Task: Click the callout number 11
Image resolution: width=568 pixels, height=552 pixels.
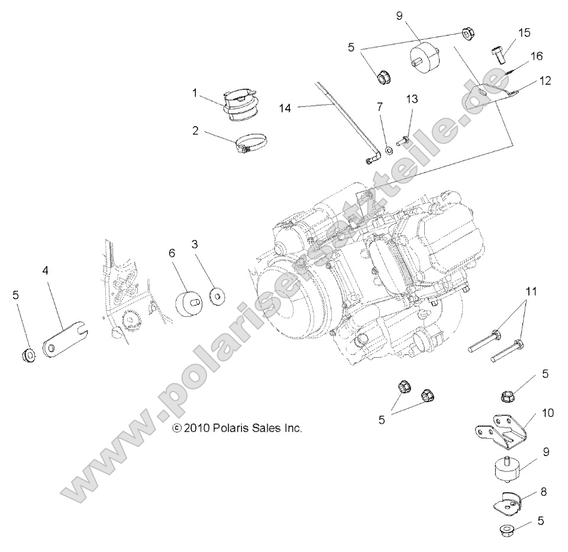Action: tap(531, 290)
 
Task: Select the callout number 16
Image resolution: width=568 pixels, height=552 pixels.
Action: tap(536, 56)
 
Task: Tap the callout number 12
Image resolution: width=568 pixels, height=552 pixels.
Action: tap(545, 81)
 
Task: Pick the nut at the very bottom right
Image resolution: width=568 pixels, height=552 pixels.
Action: tap(507, 529)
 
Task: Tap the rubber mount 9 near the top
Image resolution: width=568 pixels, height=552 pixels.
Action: tap(425, 56)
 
